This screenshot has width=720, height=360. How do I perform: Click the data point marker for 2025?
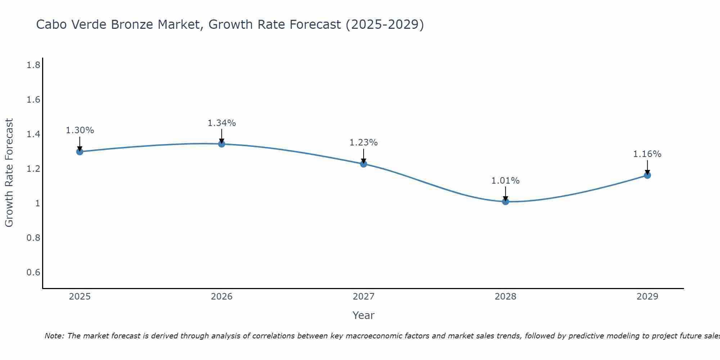pos(80,152)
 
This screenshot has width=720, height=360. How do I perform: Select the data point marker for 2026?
pos(222,144)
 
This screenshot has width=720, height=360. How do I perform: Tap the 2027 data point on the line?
pos(364,164)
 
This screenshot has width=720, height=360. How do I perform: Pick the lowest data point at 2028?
pos(505,202)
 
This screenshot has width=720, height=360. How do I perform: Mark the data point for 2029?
pos(647,175)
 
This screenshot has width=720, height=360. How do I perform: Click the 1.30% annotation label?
pos(80,130)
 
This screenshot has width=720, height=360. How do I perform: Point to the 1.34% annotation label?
pos(222,123)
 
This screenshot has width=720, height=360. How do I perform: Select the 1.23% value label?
pos(364,143)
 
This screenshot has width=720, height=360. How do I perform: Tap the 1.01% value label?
pos(505,181)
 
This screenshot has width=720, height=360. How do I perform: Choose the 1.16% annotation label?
pos(647,154)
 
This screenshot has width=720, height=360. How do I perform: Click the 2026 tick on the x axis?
pos(222,297)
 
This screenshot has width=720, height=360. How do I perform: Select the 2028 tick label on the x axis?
pos(505,297)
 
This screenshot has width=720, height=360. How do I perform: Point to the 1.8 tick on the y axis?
pos(33,65)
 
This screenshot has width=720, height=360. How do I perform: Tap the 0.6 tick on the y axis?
pos(33,272)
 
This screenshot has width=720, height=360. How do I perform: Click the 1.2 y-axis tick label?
pos(33,169)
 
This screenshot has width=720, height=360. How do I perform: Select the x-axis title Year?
pos(364,315)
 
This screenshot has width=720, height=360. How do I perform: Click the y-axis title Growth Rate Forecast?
pos(9,173)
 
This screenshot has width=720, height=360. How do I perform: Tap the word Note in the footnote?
pos(54,336)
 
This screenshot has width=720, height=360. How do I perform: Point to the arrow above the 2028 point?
pos(505,194)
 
